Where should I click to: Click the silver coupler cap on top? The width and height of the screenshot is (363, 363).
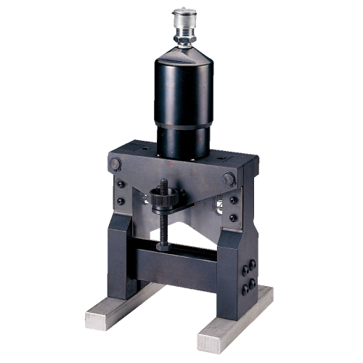point(184,15)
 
